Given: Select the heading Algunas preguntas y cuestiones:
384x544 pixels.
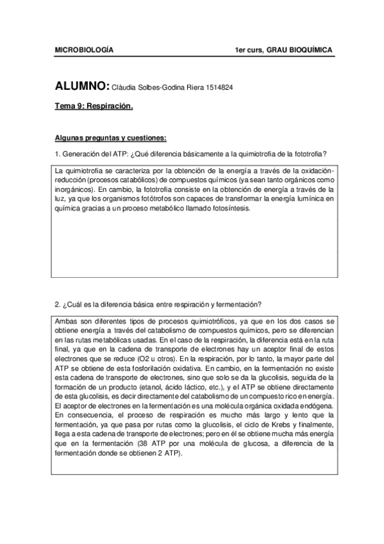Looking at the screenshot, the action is pos(110,137).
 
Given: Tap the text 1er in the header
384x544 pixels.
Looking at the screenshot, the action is pos(241,49).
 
